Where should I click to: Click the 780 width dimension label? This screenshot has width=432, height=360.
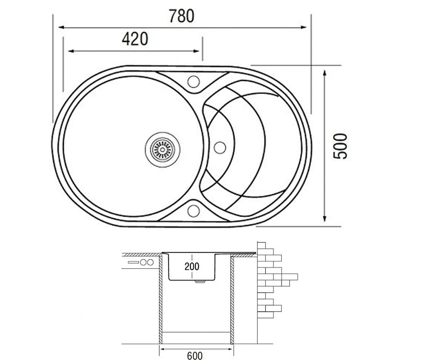[182, 16]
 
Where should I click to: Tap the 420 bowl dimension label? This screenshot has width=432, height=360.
[135, 39]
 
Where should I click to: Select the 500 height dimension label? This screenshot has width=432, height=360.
[340, 146]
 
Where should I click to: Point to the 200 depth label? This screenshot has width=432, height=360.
[192, 266]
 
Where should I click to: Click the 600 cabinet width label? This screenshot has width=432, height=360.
[195, 356]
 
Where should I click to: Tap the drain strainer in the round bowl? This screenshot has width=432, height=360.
[162, 150]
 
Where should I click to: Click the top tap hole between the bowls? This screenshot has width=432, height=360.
[193, 81]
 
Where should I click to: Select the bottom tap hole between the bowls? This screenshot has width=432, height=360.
[193, 211]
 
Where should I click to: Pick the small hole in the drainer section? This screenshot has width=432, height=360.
[220, 148]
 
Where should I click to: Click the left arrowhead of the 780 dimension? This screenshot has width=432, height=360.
[62, 27]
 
